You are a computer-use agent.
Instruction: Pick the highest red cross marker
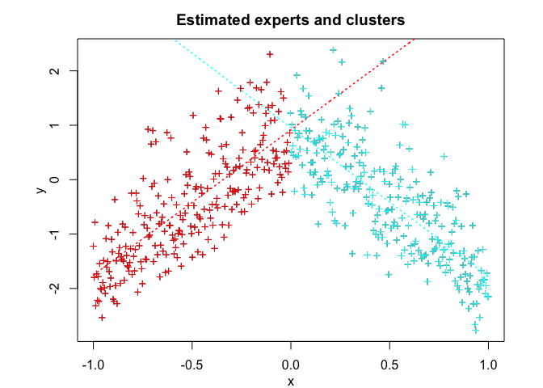tap(270, 54)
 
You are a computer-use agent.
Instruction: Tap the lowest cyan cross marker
tap(476, 330)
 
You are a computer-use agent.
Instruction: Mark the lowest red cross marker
tap(103, 317)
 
